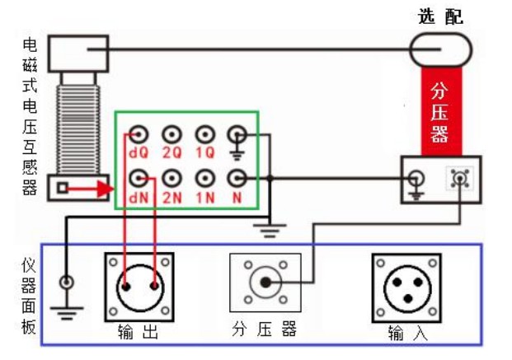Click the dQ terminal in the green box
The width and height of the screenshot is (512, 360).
pos(139,134)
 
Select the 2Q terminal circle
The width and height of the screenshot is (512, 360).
pos(171,134)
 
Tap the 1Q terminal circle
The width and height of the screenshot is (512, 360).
pos(204,134)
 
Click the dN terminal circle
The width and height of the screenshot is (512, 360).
pos(139,177)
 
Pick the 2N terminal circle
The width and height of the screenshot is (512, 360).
pos(171,177)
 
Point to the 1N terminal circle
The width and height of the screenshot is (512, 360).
pos(204,177)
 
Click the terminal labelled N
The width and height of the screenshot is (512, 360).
pos(237,177)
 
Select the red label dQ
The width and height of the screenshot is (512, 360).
pos(138,152)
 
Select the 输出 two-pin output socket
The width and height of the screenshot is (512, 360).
pos(139,287)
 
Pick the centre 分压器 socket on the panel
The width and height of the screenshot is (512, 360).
pos(265,283)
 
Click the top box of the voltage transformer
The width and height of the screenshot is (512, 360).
pos(78,53)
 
